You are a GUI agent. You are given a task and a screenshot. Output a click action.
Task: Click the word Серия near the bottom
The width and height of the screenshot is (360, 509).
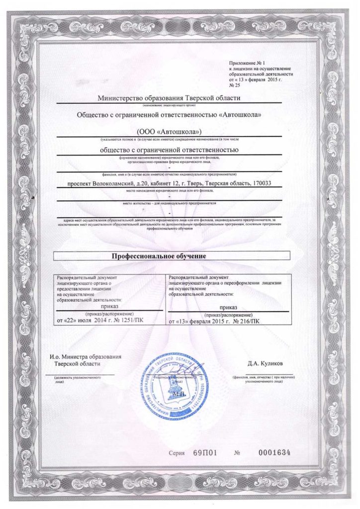176,453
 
